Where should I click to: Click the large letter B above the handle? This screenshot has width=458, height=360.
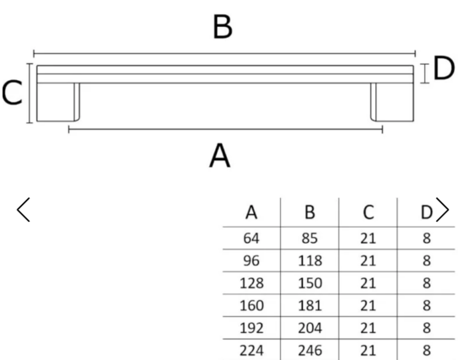(223, 27)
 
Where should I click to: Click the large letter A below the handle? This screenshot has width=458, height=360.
(220, 155)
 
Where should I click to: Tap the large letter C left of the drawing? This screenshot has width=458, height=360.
(12, 93)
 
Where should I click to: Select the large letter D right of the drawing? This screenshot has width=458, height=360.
(444, 68)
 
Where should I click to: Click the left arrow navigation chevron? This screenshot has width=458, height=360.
(23, 210)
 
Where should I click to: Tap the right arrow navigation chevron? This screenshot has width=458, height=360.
(442, 210)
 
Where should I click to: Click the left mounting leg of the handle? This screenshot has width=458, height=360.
(58, 102)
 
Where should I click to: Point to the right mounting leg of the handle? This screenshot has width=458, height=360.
(392, 102)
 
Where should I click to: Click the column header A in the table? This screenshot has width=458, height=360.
(251, 212)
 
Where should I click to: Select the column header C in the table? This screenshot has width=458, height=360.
(369, 212)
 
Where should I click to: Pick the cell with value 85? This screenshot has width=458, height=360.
(310, 239)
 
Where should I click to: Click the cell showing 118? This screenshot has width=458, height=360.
(310, 261)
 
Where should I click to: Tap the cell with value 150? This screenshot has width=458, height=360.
(310, 283)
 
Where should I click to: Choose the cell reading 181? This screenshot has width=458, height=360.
(310, 306)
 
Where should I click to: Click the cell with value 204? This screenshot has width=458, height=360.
(310, 328)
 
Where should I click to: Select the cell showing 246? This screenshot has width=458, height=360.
(310, 351)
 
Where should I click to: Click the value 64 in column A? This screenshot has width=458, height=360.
(251, 239)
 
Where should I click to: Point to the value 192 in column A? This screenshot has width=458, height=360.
(251, 328)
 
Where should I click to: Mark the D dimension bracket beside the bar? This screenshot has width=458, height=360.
(424, 73)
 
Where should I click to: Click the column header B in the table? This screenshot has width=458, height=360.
(310, 212)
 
